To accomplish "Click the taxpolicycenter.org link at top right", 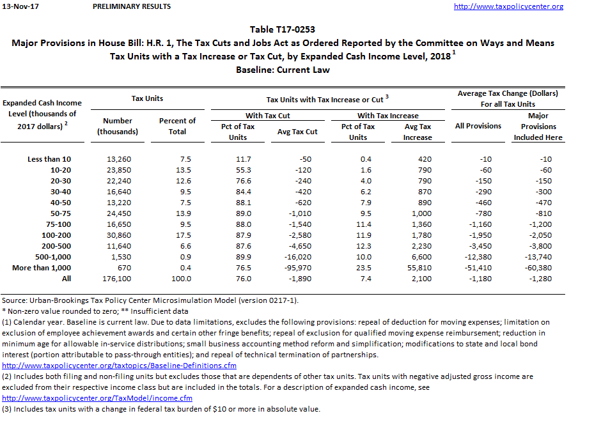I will click(x=508, y=6).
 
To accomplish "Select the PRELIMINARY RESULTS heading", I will click(x=132, y=6).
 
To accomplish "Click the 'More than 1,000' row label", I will click(x=42, y=268).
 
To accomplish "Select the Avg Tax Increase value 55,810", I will click(x=419, y=268).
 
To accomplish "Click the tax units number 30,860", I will click(x=119, y=235).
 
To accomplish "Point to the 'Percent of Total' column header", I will click(x=177, y=126).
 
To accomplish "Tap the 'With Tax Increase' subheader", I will click(x=387, y=116).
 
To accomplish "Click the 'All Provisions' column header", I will click(x=478, y=126).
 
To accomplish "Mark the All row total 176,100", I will click(x=118, y=279).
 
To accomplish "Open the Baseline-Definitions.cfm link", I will click(x=120, y=366).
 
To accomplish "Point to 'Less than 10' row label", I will click(x=49, y=159).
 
